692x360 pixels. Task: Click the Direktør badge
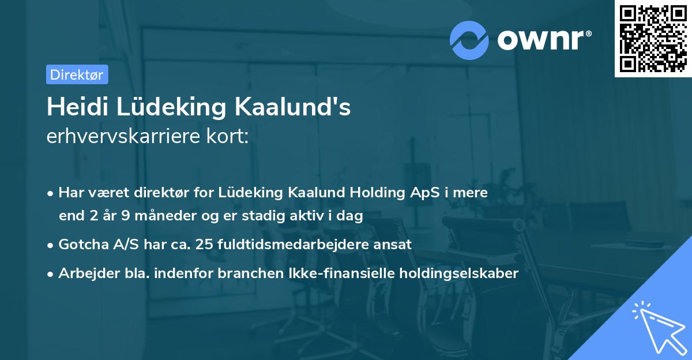[x=77, y=74]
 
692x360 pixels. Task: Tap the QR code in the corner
[x=653, y=38]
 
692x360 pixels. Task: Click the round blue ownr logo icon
[x=469, y=40]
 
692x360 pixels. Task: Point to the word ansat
[x=394, y=244]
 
